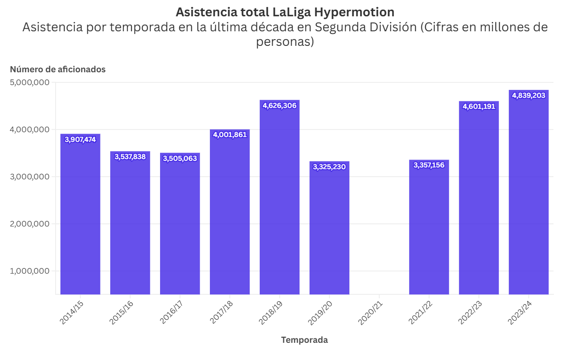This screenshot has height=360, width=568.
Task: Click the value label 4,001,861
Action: click(x=230, y=135)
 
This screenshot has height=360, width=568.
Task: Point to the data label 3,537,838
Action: click(x=130, y=156)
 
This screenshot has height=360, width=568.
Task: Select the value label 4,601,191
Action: click(x=479, y=106)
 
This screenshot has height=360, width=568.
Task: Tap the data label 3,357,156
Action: click(x=429, y=165)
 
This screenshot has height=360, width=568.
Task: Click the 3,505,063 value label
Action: click(x=180, y=158)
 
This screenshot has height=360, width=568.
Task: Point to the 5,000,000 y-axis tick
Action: click(x=29, y=82)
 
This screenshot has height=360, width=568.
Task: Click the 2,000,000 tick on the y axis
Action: click(x=29, y=224)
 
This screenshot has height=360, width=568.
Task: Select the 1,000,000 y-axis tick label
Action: click(x=29, y=271)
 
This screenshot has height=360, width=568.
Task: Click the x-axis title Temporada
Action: click(x=304, y=340)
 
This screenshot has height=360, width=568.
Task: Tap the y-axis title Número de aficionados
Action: click(x=58, y=69)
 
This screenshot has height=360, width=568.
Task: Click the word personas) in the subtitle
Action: click(x=285, y=42)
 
